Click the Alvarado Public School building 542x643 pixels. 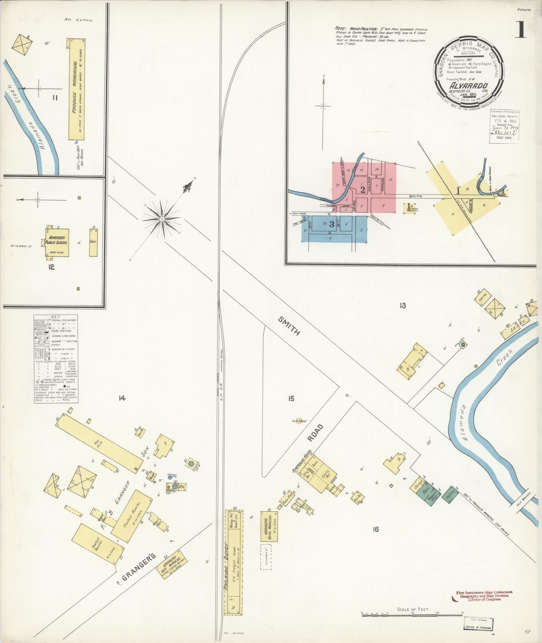pyautogui.click(x=57, y=243)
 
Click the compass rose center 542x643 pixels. pyautogui.click(x=162, y=219)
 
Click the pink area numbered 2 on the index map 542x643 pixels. pyautogui.click(x=363, y=190)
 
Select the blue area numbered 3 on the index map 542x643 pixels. pyautogui.click(x=331, y=224)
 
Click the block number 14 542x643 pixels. pyautogui.click(x=122, y=398)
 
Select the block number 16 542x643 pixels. pyautogui.click(x=375, y=529)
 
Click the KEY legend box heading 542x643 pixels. pyautogui.click(x=55, y=317)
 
